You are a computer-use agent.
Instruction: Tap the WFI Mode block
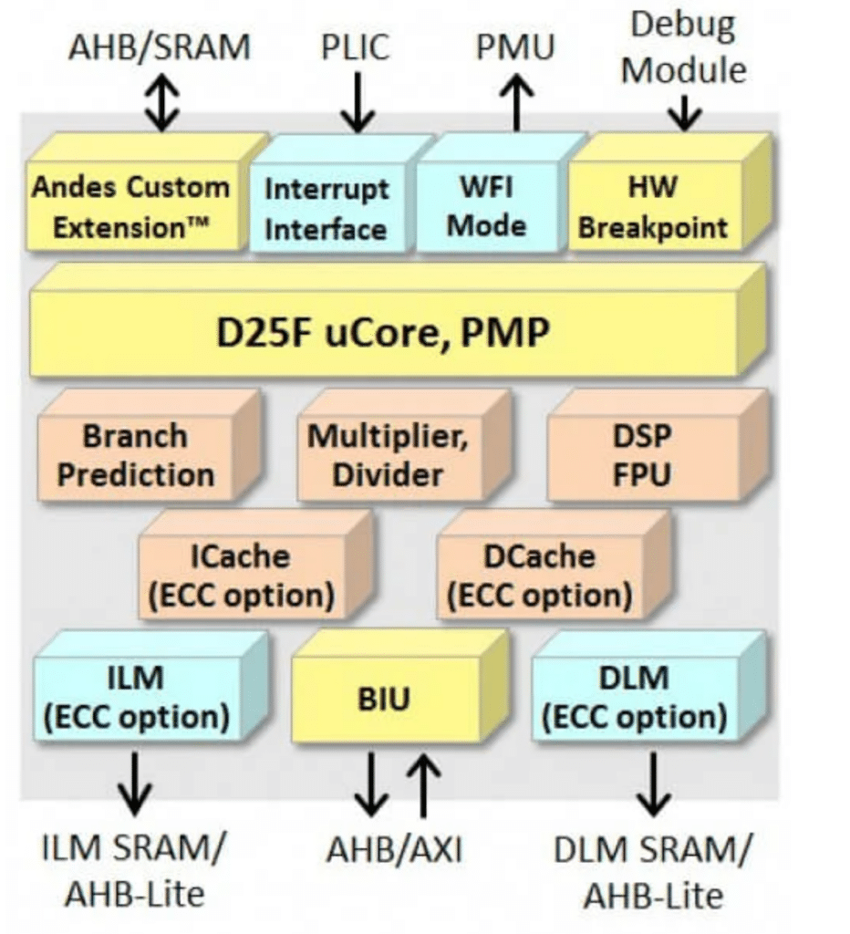pyautogui.click(x=487, y=207)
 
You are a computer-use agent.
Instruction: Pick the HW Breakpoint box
pyautogui.click(x=653, y=207)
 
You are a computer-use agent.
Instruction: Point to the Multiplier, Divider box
pyautogui.click(x=388, y=455)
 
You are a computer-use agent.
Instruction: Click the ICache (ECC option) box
pyautogui.click(x=241, y=576)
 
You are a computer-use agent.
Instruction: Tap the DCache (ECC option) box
pyautogui.click(x=539, y=576)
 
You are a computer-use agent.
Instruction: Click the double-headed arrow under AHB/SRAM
pyautogui.click(x=162, y=102)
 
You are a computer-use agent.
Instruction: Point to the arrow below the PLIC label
pyautogui.click(x=358, y=104)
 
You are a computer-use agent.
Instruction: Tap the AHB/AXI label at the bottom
pyautogui.click(x=395, y=850)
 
